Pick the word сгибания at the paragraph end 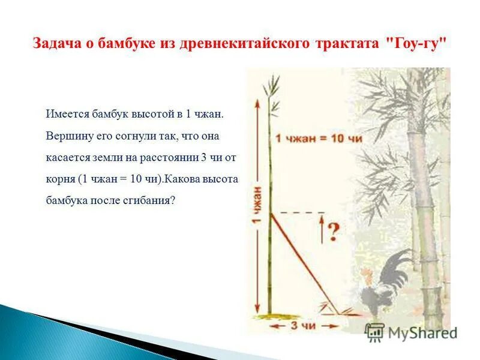pyautogui.click(x=150, y=201)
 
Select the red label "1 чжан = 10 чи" pyautogui.click(x=318, y=139)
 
